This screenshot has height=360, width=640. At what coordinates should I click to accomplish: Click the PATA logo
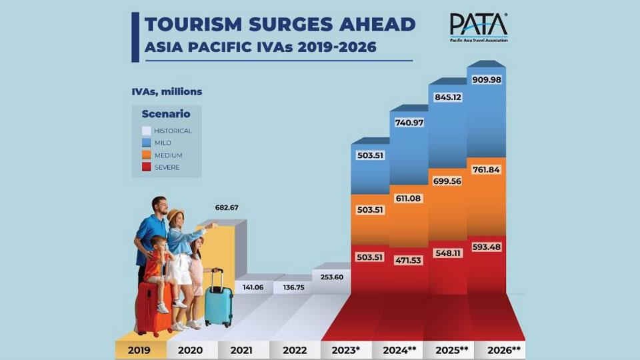[479, 27]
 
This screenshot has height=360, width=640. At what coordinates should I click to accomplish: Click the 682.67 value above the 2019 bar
[227, 208]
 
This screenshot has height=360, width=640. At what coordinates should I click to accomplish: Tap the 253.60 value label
[331, 277]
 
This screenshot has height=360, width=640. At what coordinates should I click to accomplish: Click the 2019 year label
[139, 350]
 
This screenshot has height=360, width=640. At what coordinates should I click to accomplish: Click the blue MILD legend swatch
[147, 143]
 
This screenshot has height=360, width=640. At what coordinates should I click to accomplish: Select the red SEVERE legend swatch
[147, 167]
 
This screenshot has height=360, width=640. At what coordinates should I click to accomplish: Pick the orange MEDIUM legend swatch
[147, 155]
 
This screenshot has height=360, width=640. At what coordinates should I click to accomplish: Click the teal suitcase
[217, 303]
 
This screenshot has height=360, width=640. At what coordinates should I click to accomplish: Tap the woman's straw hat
[175, 215]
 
